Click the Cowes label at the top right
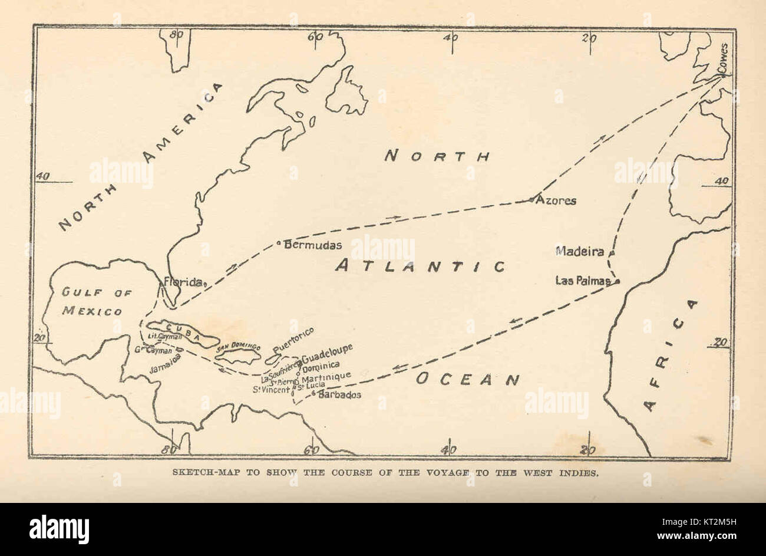coord(724,59)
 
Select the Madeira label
coord(580,252)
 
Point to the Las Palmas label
coord(582,281)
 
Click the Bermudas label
coord(305,245)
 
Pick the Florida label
coord(183,282)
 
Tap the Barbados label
coord(339,395)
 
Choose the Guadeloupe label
coord(327,353)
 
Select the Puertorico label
coord(293,337)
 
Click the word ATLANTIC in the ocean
coord(420,267)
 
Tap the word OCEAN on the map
coord(468,379)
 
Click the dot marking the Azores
coord(531,200)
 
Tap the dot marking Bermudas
coord(279,242)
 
